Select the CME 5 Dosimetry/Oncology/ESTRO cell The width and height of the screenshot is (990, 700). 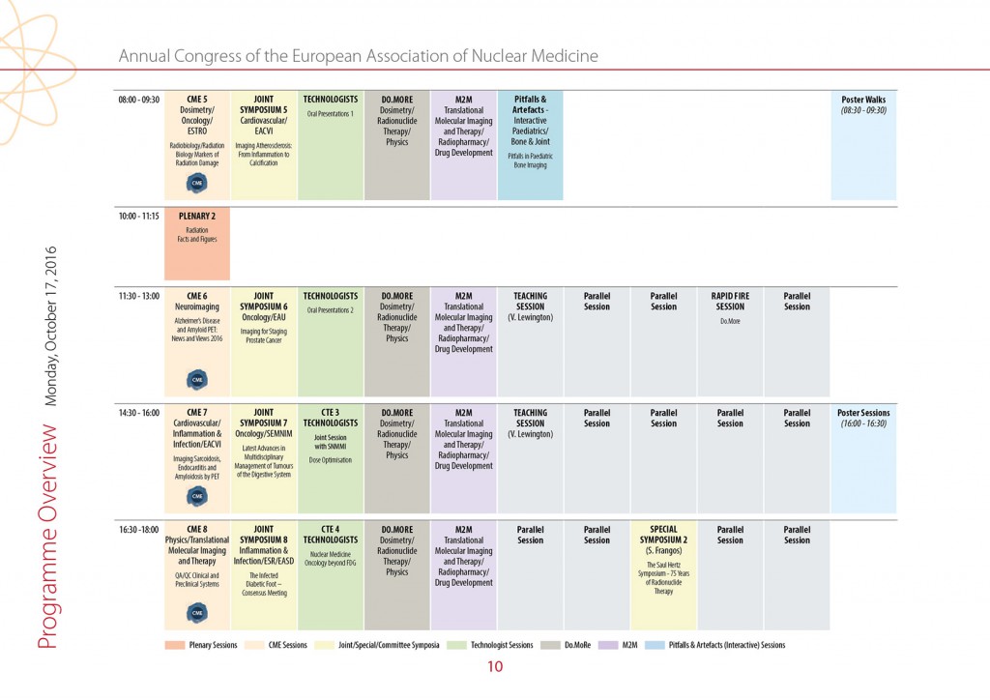click(x=197, y=145)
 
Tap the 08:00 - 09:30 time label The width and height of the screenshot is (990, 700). click(x=139, y=100)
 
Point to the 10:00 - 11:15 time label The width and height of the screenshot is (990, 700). click(x=139, y=217)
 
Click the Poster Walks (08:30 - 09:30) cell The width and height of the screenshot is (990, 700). click(x=862, y=145)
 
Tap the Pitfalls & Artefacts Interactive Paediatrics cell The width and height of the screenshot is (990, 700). click(x=530, y=145)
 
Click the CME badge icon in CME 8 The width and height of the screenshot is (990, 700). click(x=197, y=613)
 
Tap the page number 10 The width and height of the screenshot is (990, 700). click(x=495, y=666)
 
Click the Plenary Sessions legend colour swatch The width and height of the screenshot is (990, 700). click(x=175, y=645)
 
